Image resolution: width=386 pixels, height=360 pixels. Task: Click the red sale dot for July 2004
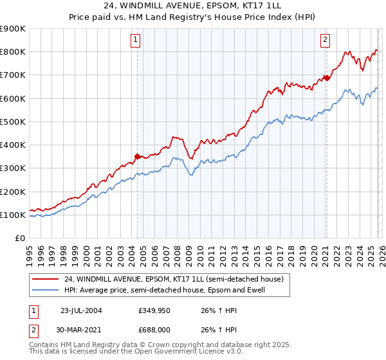click(137, 156)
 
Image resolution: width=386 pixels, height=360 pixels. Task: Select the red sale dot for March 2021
click(326, 78)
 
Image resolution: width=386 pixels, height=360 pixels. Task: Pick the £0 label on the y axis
click(19, 238)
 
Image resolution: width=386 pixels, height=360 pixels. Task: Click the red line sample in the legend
click(46, 279)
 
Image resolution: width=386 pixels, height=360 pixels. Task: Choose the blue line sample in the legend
click(46, 290)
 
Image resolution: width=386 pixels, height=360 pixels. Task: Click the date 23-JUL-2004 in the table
click(81, 309)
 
